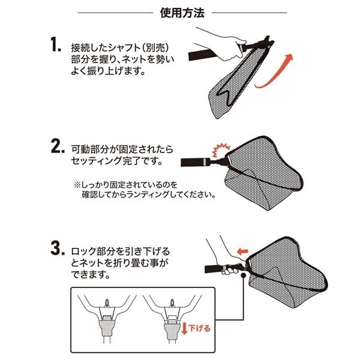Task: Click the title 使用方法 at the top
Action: [182, 13]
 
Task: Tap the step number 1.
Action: [55, 44]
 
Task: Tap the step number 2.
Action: [58, 146]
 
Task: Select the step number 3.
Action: [58, 248]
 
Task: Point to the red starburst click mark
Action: [221, 149]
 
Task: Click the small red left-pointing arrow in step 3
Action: [242, 251]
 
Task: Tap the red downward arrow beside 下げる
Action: [184, 328]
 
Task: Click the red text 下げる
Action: [199, 328]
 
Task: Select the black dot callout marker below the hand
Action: [243, 275]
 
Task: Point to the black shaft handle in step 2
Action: [195, 162]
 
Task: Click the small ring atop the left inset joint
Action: [107, 302]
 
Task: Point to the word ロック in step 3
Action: [83, 252]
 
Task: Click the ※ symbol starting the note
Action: [77, 185]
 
